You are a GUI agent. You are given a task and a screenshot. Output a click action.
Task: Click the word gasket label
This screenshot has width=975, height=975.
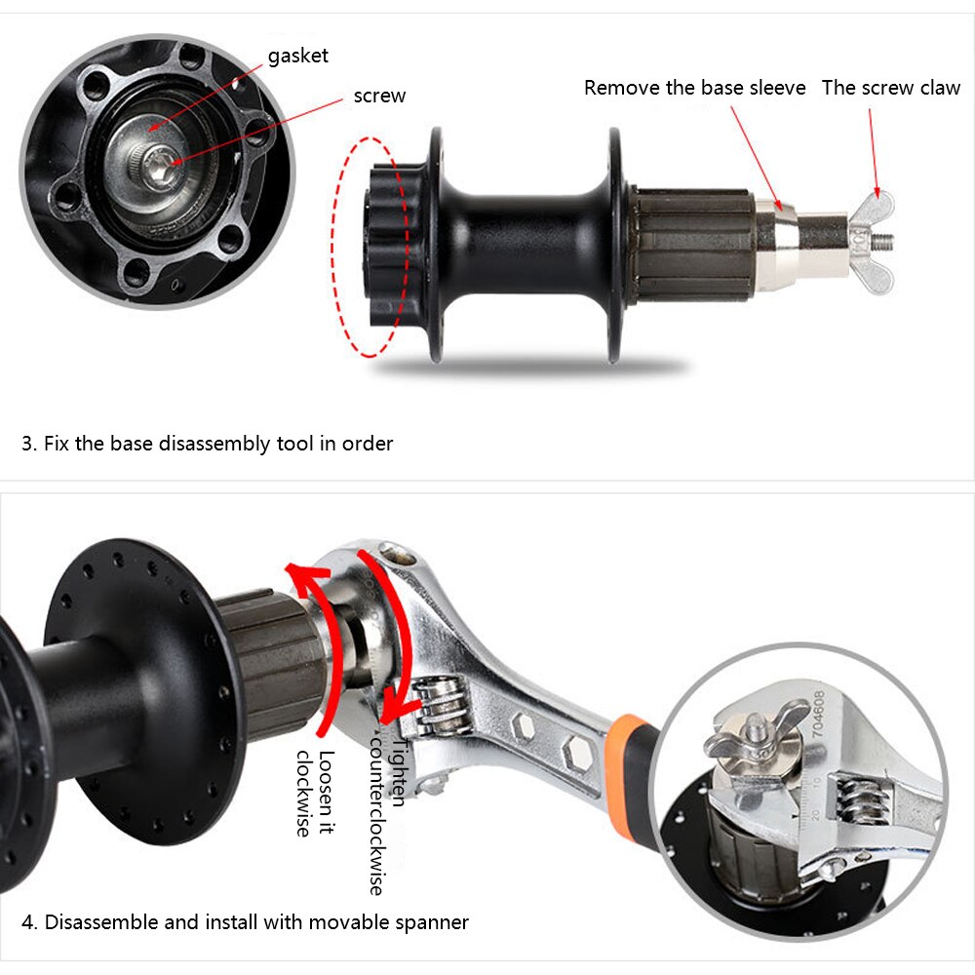[x=297, y=56]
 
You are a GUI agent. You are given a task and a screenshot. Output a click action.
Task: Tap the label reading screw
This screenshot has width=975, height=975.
[x=379, y=96]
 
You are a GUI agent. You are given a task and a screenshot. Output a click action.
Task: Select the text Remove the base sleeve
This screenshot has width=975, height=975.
[x=694, y=88]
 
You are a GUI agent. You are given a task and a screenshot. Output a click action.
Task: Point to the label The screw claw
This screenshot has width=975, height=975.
[x=890, y=88]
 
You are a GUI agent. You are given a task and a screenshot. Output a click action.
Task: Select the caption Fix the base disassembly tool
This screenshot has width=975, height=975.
[x=208, y=444]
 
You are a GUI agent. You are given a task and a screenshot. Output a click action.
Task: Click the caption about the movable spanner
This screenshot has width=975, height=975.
[x=246, y=921]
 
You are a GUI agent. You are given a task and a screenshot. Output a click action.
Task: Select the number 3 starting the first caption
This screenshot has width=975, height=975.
[x=27, y=444]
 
